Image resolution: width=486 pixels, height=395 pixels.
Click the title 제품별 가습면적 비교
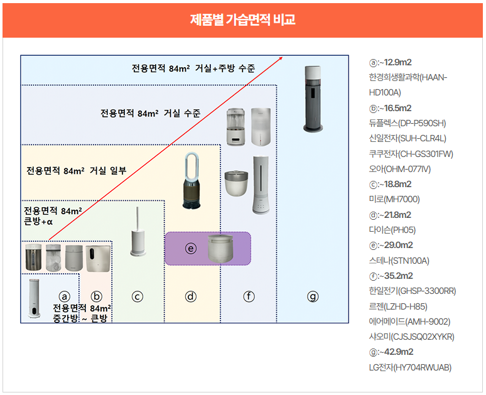[242, 19]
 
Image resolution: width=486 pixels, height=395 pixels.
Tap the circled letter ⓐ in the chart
[63, 296]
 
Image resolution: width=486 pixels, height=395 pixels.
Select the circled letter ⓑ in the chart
[96, 296]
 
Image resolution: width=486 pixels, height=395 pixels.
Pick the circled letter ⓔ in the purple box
[191, 248]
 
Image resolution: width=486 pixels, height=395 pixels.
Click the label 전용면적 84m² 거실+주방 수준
[193, 68]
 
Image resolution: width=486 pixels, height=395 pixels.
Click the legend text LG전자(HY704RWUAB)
[410, 367]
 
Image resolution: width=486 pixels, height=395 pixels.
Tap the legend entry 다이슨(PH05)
[392, 230]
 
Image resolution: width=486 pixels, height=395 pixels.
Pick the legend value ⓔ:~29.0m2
[391, 245]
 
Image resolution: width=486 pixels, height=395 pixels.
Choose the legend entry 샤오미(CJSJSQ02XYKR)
[411, 337]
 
